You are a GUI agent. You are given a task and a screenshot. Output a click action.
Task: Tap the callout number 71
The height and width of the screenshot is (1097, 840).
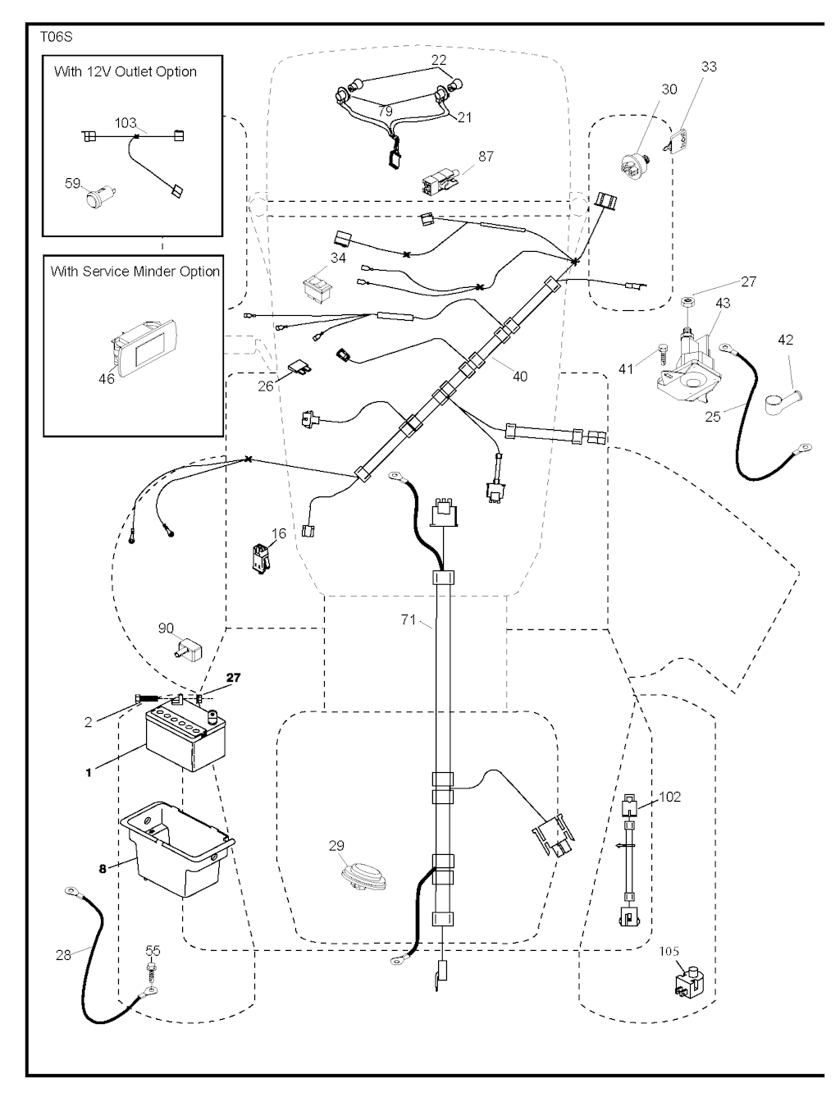(409, 620)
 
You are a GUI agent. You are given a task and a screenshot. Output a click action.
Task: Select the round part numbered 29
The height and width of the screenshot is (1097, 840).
(362, 875)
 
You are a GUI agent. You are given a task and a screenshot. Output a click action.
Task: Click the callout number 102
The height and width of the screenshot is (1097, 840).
(669, 797)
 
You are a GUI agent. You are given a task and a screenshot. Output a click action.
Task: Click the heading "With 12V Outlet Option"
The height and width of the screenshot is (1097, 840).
(125, 71)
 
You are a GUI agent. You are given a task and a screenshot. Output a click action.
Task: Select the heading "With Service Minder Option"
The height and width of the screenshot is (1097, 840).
(135, 271)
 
